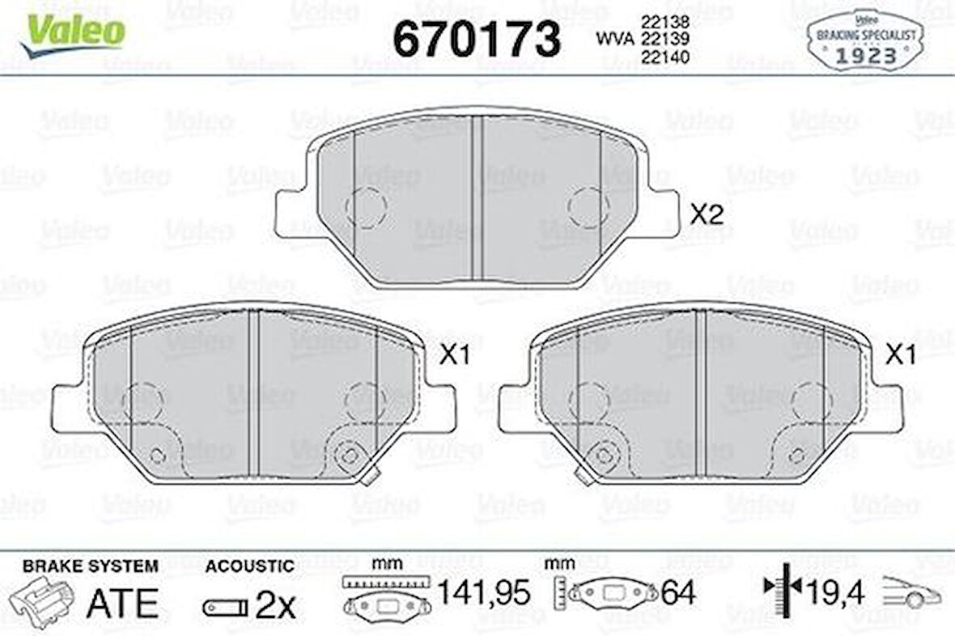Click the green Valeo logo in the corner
[73, 33]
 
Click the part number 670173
[476, 38]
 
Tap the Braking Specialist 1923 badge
[866, 40]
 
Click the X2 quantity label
[707, 214]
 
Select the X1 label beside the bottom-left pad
[455, 354]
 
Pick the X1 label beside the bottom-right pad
[901, 354]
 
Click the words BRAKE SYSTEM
[90, 566]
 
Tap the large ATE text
[122, 603]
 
